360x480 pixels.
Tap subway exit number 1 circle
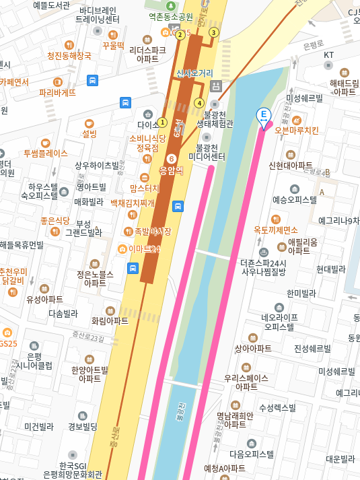(x=161, y=123)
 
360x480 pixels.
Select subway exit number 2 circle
(x=180, y=35)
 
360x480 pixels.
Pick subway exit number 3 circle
(x=214, y=32)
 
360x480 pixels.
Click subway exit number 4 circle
(x=199, y=103)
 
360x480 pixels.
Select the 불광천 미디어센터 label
(x=207, y=152)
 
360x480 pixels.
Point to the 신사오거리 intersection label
(x=194, y=73)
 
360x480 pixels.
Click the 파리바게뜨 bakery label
(x=57, y=93)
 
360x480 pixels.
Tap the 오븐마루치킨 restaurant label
(x=297, y=130)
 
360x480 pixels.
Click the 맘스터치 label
(x=145, y=188)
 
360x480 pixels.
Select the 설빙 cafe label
(x=89, y=133)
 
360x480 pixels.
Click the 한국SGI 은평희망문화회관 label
(x=72, y=470)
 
